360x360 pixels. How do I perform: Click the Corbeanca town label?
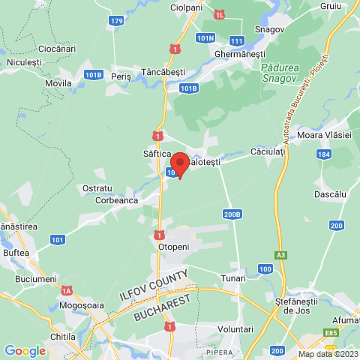(x=116, y=200)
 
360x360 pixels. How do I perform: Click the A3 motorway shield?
(x=280, y=255)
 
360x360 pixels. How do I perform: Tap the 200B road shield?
(x=232, y=214)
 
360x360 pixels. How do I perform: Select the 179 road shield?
(x=116, y=21)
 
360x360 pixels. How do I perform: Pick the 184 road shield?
(x=322, y=154)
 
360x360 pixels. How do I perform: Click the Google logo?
(x=25, y=350)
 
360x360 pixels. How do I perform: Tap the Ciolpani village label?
(x=186, y=7)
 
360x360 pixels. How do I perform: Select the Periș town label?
(x=120, y=76)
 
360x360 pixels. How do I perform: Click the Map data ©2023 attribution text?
(x=328, y=354)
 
